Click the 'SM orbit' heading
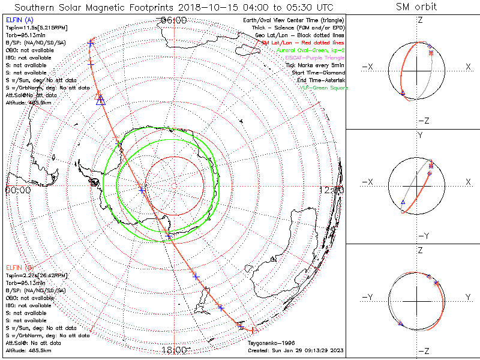tap(416, 7)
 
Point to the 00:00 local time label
tap(18, 190)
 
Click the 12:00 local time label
tap(332, 190)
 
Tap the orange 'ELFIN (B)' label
tap(19, 266)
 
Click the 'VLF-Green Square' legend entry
tap(323, 88)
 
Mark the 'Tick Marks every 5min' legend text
tap(316, 65)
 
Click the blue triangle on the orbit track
tap(101, 100)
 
